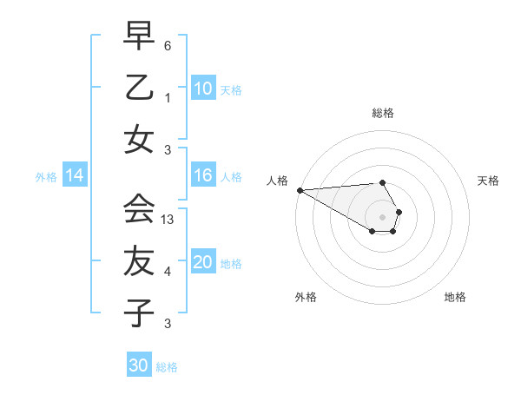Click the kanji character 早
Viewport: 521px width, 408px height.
(139, 36)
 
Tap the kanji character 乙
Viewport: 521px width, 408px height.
(139, 89)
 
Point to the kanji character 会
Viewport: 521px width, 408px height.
(139, 208)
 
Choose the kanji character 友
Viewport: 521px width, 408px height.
(139, 260)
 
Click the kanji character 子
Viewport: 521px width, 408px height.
(139, 313)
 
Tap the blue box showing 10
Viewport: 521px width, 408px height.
(202, 89)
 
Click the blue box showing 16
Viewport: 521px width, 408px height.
(202, 176)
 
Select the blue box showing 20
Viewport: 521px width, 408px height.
(202, 263)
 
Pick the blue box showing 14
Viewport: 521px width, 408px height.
(75, 176)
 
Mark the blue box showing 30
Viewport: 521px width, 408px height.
(138, 366)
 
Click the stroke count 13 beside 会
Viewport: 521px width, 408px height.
(168, 220)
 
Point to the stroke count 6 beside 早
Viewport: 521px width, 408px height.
(168, 46)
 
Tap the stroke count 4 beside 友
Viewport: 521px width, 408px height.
(168, 272)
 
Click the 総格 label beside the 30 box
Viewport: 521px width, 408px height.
(167, 367)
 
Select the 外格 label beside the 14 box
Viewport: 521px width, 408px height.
(46, 177)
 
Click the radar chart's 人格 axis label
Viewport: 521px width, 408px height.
(276, 181)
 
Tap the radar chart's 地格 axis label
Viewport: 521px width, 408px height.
(455, 298)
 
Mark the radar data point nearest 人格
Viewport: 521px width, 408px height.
(299, 190)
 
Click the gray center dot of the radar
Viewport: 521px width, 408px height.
(382, 216)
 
